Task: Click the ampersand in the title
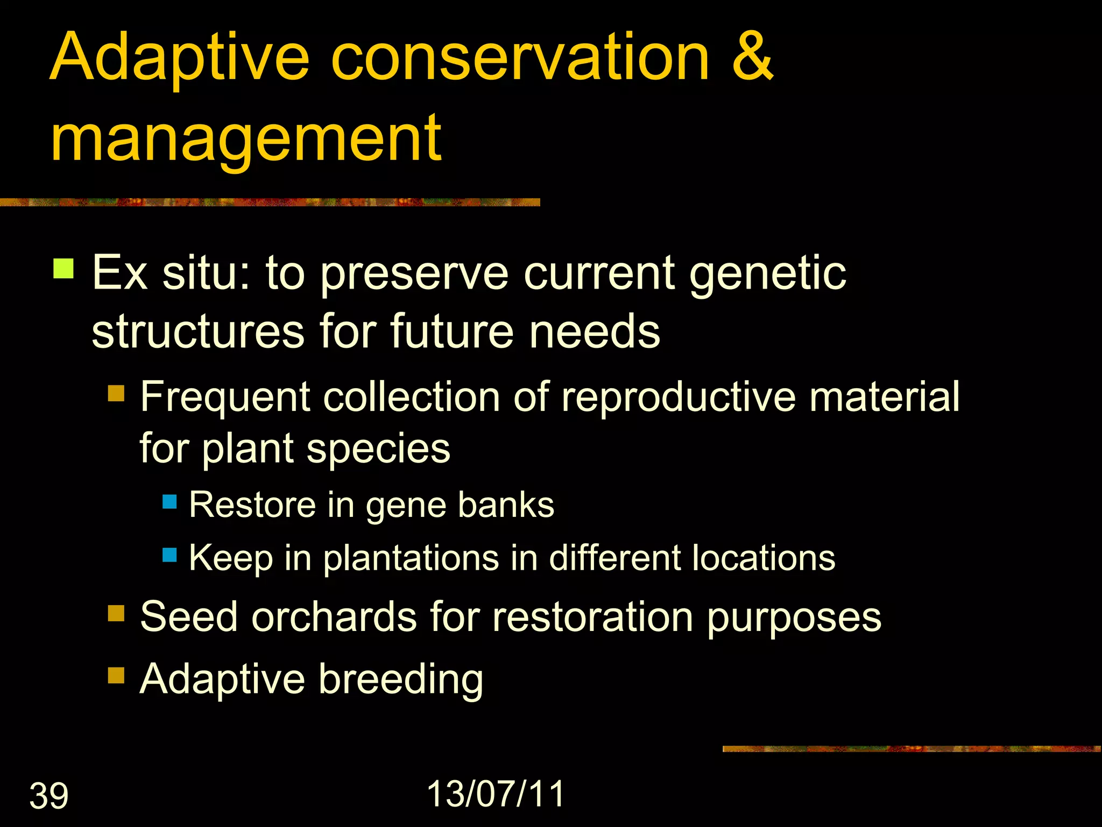tap(752, 57)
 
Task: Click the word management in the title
tap(246, 140)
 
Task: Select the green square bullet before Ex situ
tap(63, 268)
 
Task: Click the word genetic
tap(768, 274)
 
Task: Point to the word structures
tap(198, 332)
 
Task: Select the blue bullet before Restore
tap(169, 502)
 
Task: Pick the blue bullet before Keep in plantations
tap(169, 555)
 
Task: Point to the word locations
tap(764, 558)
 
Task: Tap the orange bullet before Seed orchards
tap(116, 613)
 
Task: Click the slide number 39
tap(48, 796)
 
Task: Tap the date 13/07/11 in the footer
tap(496, 794)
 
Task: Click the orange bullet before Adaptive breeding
tap(116, 675)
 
